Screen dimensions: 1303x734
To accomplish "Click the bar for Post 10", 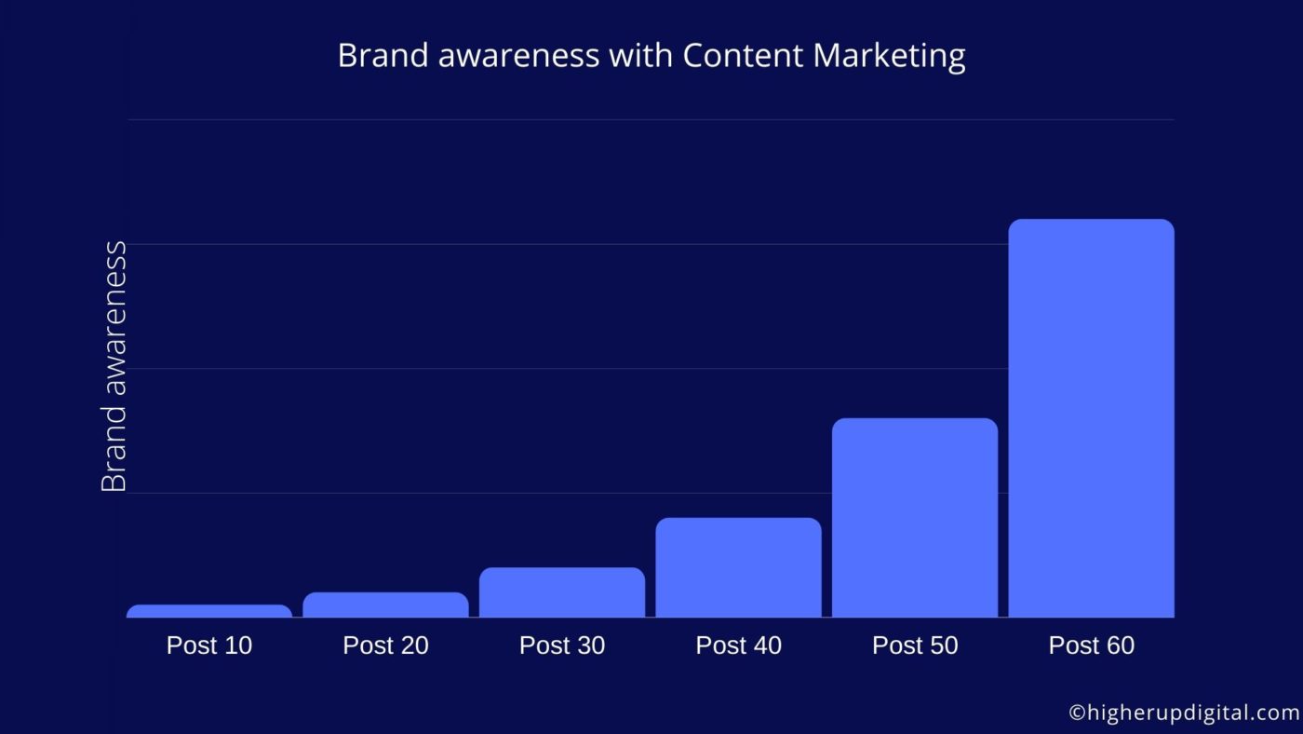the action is tap(209, 611).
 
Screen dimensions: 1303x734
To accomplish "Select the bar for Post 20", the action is tap(385, 605).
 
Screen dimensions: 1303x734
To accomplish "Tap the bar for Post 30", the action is tap(562, 592).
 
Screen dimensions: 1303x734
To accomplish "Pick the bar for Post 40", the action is tap(739, 567).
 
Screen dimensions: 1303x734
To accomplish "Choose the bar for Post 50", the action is tap(915, 518).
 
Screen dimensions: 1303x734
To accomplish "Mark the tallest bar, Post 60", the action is tap(1091, 418).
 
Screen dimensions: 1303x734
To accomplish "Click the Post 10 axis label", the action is tap(209, 646).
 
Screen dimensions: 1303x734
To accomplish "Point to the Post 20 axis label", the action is tap(385, 646).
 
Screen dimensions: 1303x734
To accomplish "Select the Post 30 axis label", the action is tap(562, 646).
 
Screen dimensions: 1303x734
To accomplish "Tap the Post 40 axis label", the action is tap(739, 646).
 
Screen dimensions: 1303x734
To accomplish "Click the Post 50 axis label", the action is tap(915, 646).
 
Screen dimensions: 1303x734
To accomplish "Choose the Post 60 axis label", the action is tap(1091, 646).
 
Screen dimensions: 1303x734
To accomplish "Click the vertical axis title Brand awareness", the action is tap(114, 367).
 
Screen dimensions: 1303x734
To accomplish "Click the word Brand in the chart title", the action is tap(383, 56).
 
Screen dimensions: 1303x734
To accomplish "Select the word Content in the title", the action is tap(743, 56).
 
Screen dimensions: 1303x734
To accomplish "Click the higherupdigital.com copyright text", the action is tap(1184, 714).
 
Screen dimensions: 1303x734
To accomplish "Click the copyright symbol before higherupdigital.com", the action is tap(1077, 714).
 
